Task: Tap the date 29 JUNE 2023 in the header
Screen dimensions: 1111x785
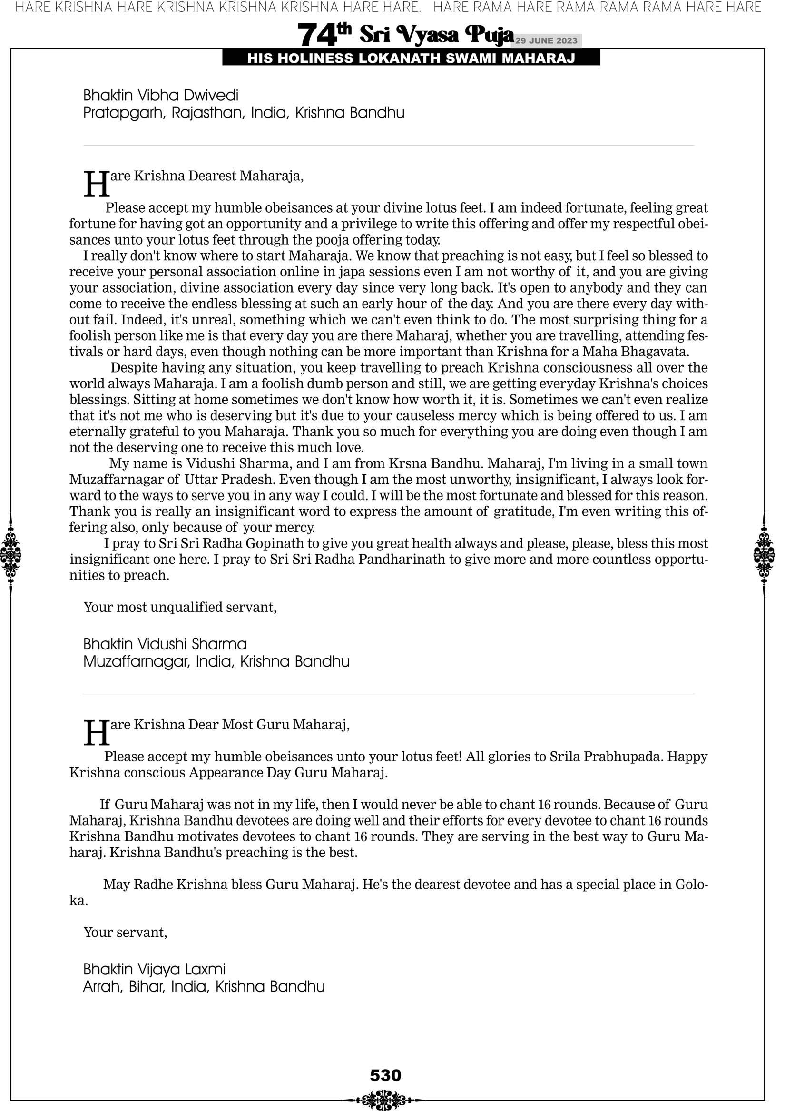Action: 546,40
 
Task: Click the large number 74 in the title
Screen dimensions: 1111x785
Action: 316,35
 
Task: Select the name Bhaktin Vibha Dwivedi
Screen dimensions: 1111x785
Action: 161,95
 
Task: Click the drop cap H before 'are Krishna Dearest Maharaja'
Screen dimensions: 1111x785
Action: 96,184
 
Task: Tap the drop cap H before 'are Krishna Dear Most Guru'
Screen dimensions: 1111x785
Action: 96,733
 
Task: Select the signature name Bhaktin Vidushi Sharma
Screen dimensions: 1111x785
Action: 165,644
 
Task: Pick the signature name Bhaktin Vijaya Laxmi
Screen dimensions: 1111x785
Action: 155,969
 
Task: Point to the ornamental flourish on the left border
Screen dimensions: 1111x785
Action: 10,554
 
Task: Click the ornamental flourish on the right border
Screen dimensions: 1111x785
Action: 764,554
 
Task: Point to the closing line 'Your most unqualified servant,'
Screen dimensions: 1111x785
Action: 180,607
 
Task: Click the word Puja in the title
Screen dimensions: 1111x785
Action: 489,34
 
